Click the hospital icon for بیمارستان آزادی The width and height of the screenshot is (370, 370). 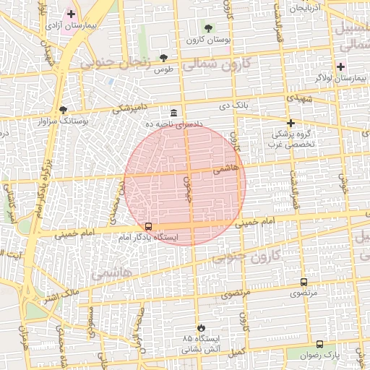point(71,14)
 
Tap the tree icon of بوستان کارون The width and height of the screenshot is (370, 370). point(209,28)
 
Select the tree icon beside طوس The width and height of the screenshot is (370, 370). point(164,57)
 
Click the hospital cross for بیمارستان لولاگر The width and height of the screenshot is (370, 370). point(340,66)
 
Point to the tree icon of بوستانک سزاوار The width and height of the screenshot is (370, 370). point(64,111)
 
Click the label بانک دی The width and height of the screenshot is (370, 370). point(234,106)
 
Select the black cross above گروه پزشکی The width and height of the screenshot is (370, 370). point(291,124)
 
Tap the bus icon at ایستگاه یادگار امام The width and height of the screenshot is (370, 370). point(149,226)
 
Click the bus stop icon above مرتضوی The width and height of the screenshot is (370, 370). point(304,282)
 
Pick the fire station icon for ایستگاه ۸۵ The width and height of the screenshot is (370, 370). point(201,327)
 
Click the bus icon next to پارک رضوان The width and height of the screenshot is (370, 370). point(320,345)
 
